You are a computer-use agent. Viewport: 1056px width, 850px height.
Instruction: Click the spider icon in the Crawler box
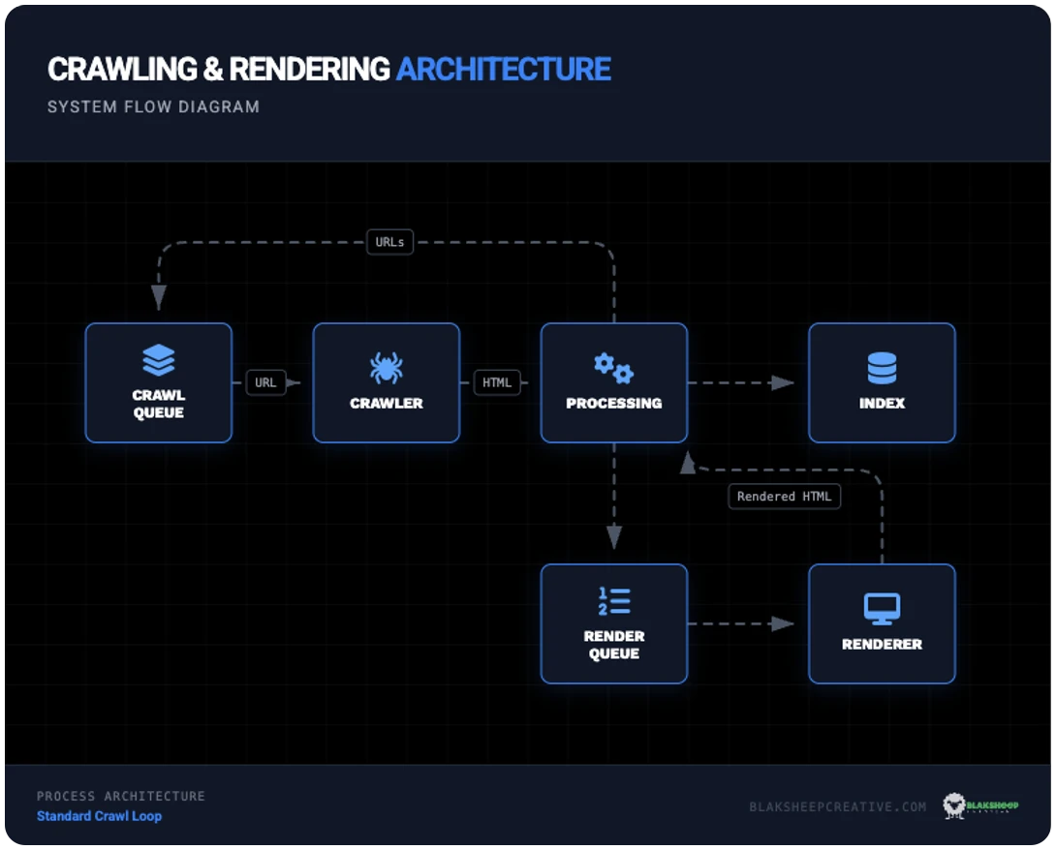[x=386, y=368]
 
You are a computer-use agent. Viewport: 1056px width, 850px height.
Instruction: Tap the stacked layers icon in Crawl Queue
[x=159, y=360]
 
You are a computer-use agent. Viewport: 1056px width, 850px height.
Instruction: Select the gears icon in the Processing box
[x=613, y=368]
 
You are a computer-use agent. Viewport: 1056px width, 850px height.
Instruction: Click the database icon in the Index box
[x=882, y=368]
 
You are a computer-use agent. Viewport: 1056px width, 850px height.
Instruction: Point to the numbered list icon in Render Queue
[x=614, y=601]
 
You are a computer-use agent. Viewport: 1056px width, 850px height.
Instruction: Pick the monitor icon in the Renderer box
[x=882, y=609]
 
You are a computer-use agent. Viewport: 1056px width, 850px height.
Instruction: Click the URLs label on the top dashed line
[x=389, y=242]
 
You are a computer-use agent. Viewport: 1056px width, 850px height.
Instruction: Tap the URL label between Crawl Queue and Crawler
[x=265, y=382]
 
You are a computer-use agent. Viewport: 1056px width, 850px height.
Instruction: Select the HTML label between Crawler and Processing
[x=497, y=382]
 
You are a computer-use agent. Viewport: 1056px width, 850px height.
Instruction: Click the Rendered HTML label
[x=784, y=497]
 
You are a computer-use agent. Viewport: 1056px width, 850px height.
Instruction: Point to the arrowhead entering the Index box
[x=783, y=382]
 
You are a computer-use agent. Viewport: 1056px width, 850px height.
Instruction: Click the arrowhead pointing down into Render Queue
[x=614, y=537]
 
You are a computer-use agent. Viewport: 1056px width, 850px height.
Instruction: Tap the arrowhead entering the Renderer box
[x=783, y=623]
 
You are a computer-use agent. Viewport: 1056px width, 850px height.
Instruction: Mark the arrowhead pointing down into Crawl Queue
[x=158, y=298]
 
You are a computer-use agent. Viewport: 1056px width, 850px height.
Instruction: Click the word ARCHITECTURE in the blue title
[x=504, y=69]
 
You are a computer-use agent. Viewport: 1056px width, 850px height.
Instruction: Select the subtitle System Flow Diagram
[x=153, y=106]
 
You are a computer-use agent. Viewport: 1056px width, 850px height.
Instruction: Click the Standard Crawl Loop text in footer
[x=99, y=816]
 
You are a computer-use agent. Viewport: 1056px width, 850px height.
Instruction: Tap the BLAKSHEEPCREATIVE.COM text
[x=837, y=806]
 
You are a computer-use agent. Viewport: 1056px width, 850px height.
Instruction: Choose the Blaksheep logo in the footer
[x=980, y=805]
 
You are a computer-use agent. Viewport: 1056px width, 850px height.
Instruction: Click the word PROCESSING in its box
[x=614, y=403]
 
